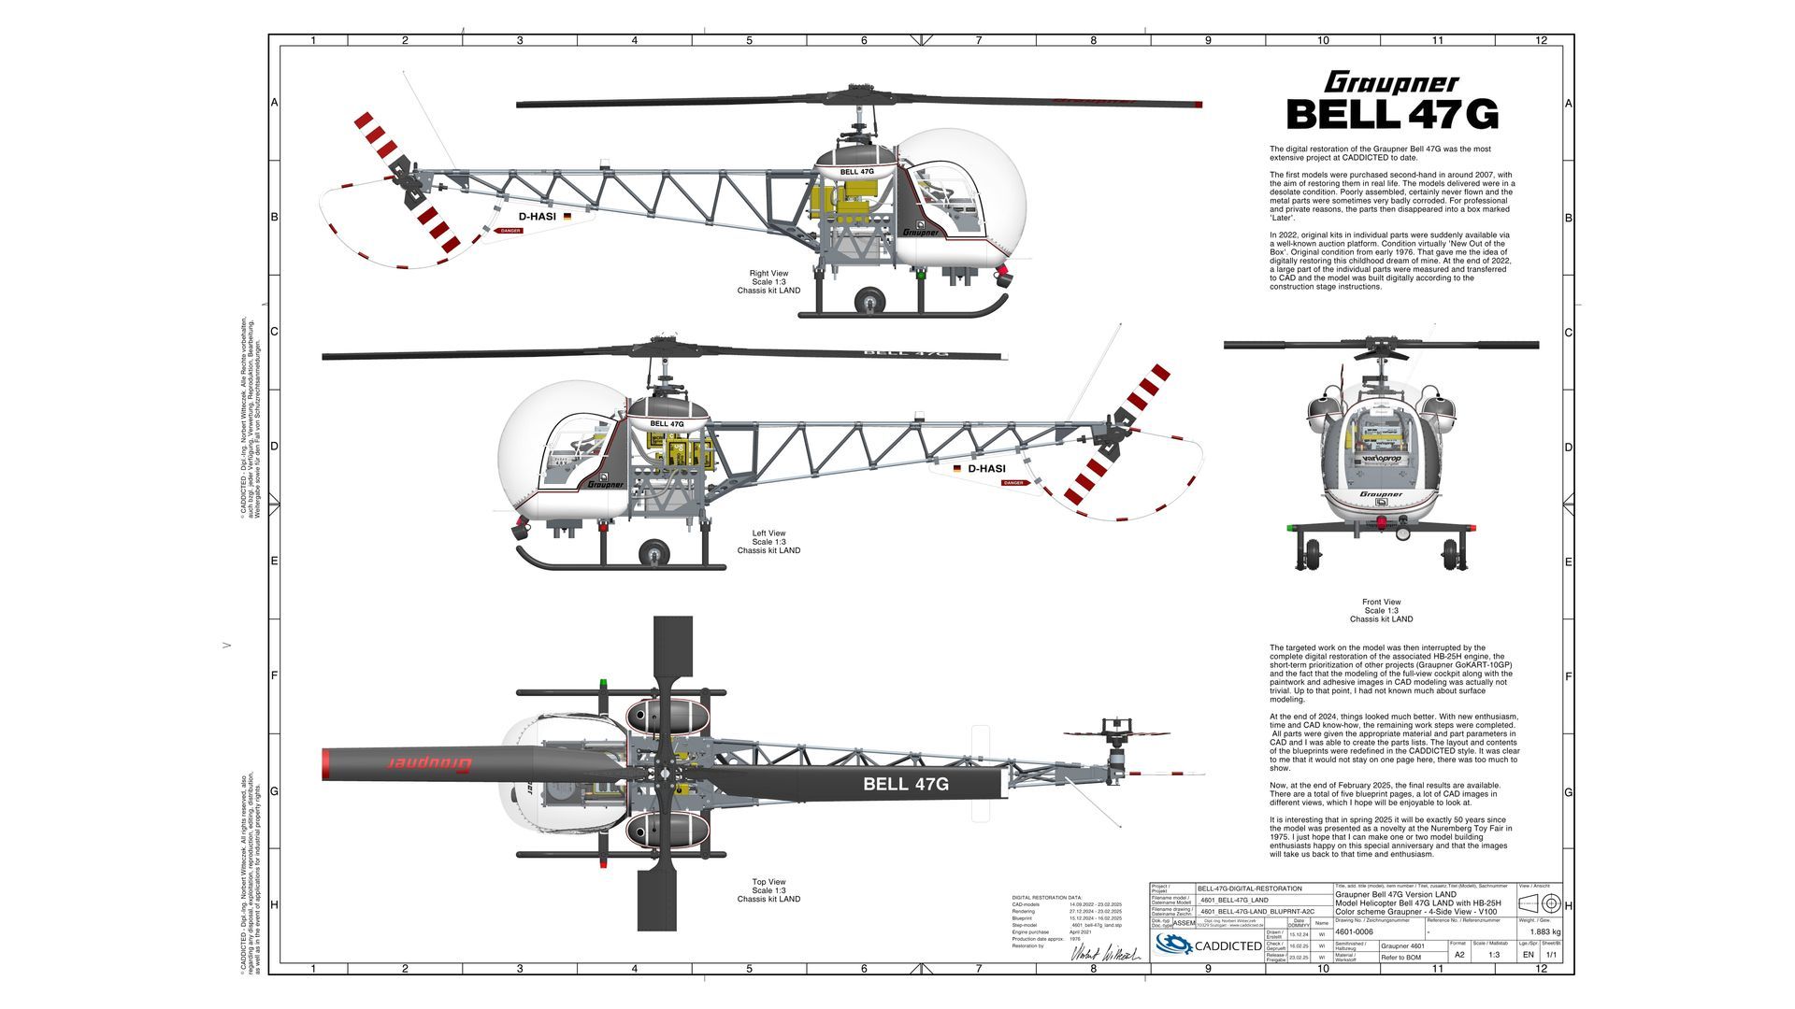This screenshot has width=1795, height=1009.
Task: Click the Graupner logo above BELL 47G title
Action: tap(1391, 83)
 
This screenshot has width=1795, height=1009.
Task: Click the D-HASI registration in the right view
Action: tap(537, 217)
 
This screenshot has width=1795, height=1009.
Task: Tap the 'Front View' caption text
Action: tap(1381, 603)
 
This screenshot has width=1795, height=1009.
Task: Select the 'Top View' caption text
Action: tap(768, 882)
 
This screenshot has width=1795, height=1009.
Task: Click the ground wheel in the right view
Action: tap(870, 300)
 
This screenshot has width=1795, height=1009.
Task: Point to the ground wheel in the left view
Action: tap(653, 553)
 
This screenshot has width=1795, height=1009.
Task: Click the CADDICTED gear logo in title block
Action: tap(1172, 945)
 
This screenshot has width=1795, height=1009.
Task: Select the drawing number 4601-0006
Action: tap(1354, 931)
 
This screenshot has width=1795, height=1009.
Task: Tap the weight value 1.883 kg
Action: tap(1544, 931)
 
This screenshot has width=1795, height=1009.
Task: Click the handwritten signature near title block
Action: tap(1105, 954)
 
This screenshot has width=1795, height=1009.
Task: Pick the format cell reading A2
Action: tap(1459, 955)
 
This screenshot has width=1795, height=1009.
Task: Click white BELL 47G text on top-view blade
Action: tap(905, 784)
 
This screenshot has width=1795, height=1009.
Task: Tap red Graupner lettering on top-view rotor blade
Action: tap(429, 763)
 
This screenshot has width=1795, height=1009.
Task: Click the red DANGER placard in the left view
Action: tap(1013, 483)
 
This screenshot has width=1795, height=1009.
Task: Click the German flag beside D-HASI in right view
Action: tap(567, 216)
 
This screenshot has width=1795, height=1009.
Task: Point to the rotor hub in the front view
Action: tap(1381, 348)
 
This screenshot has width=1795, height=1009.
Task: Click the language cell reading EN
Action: tap(1528, 955)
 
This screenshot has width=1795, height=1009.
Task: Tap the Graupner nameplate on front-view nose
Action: tap(1381, 494)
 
